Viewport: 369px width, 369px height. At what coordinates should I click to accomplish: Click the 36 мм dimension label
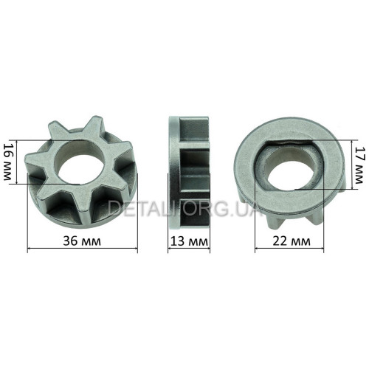coord(82,241)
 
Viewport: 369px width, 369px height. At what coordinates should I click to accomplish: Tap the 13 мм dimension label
coord(189,241)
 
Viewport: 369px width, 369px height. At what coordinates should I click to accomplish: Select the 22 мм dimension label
coord(292,241)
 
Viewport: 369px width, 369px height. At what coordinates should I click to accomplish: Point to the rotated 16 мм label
coord(7,162)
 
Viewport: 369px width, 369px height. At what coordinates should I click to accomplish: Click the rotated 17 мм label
coord(359,165)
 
